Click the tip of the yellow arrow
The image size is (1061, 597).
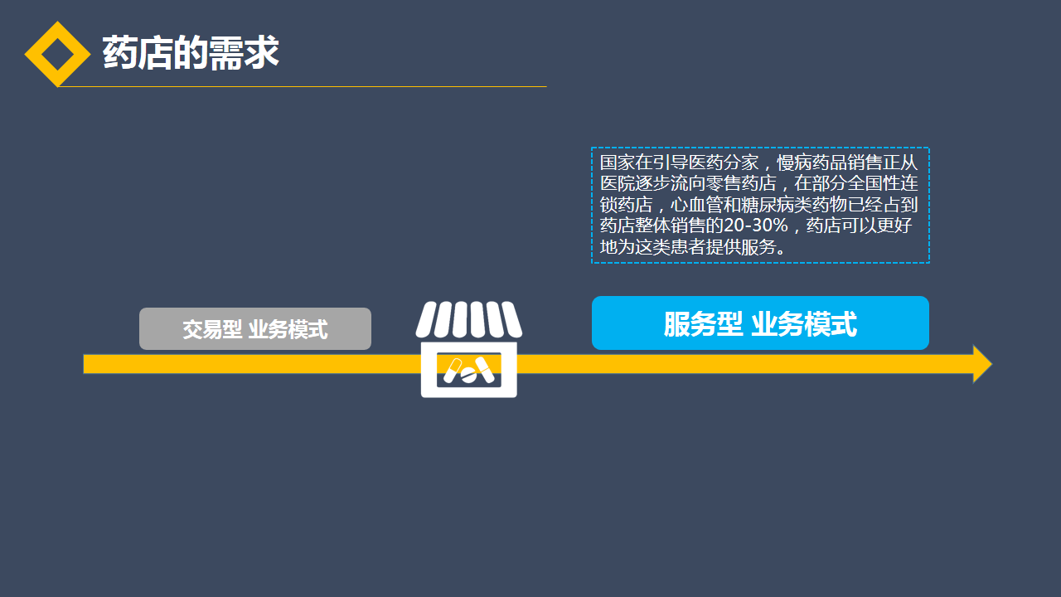pyautogui.click(x=992, y=364)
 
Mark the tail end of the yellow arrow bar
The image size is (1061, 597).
pyautogui.click(x=84, y=364)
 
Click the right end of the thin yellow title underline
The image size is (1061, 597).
pyautogui.click(x=546, y=87)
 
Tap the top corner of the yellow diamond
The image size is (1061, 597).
pyautogui.click(x=58, y=22)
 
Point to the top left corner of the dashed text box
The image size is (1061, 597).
pyautogui.click(x=592, y=148)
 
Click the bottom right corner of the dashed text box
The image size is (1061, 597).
pyautogui.click(x=929, y=263)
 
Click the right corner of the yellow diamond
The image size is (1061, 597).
pyautogui.click(x=90, y=54)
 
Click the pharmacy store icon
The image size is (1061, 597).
pyautogui.click(x=469, y=349)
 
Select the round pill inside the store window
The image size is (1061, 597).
pyautogui.click(x=468, y=376)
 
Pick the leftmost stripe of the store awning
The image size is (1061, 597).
pyautogui.click(x=426, y=319)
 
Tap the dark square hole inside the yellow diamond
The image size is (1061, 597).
pyautogui.click(x=58, y=54)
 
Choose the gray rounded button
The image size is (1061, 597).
pyautogui.click(x=255, y=329)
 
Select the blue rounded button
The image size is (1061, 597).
pyautogui.click(x=760, y=323)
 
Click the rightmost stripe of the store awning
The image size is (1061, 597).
pyautogui.click(x=511, y=319)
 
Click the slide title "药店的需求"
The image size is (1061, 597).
pyautogui.click(x=191, y=53)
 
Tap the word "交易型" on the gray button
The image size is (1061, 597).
pyautogui.click(x=212, y=329)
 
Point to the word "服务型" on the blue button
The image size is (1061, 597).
pyautogui.click(x=703, y=324)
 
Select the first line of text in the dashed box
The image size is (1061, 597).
pyautogui.click(x=758, y=163)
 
